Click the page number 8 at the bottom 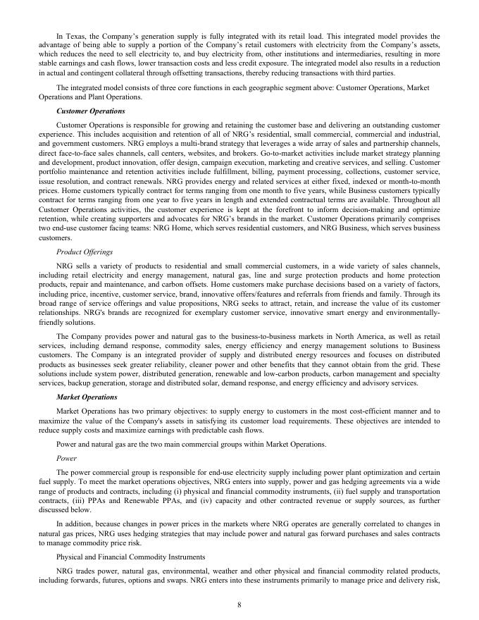[240, 602]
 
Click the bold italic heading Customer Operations [91, 111]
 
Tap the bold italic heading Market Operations [86, 397]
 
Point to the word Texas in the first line [79, 36]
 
